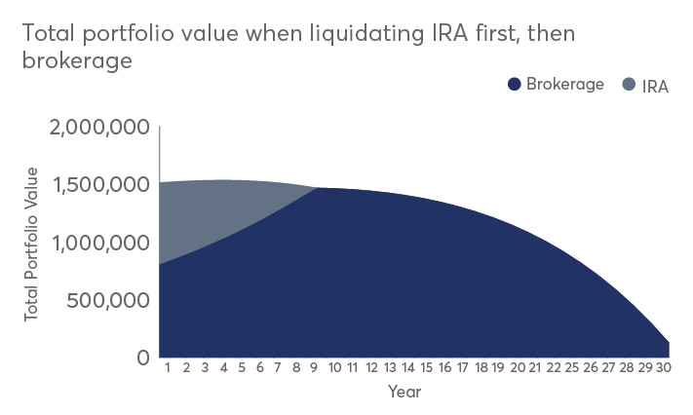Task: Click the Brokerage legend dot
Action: tap(515, 84)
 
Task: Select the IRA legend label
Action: tap(655, 85)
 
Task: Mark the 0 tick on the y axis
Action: tap(142, 358)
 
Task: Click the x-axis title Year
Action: tap(404, 392)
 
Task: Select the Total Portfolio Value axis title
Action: tap(32, 245)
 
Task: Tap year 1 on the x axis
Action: tap(169, 368)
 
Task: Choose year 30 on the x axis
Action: tap(662, 368)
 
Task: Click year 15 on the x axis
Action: tap(426, 368)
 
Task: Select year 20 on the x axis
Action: tap(518, 368)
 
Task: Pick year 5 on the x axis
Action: tap(243, 368)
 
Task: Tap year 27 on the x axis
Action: tap(609, 368)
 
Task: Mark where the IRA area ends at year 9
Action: tap(318, 188)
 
